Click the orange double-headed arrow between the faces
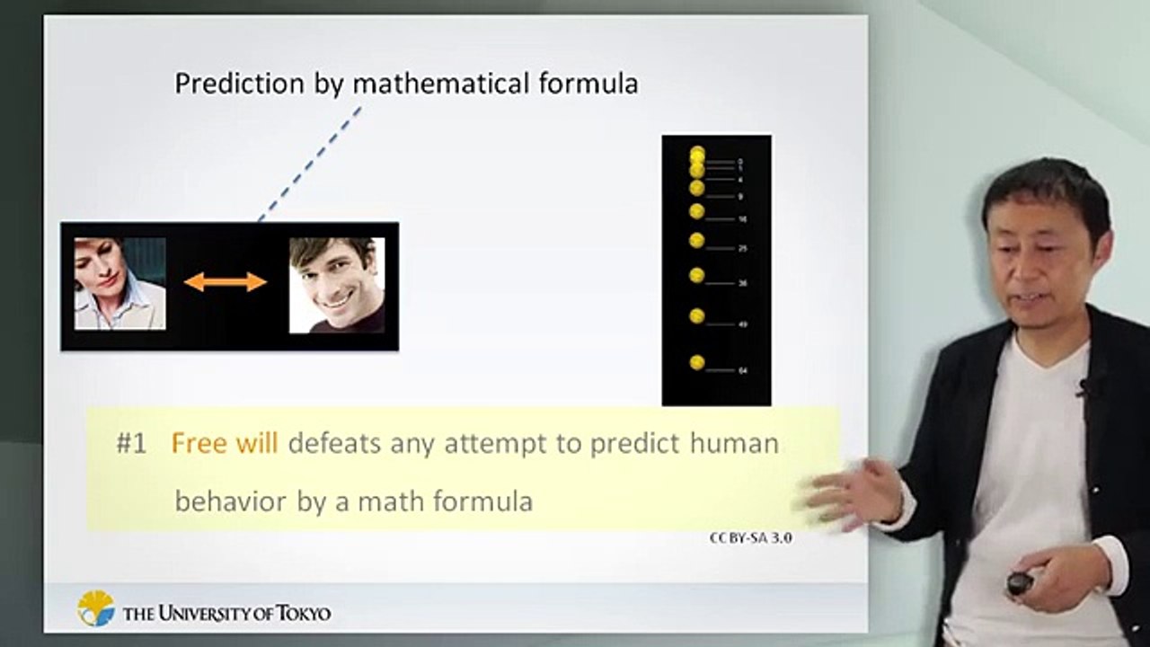coord(226,282)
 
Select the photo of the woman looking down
coord(119,284)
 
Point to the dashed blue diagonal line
coord(310,163)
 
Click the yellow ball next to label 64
coord(696,362)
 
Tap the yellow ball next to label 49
coord(696,315)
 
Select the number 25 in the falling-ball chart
coord(742,248)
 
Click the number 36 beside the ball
coord(742,283)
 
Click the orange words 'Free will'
coord(224,443)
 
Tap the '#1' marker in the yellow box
coord(131,444)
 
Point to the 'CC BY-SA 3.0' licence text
coord(750,538)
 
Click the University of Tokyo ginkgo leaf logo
coord(96,608)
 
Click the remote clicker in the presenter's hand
coord(1019,583)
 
